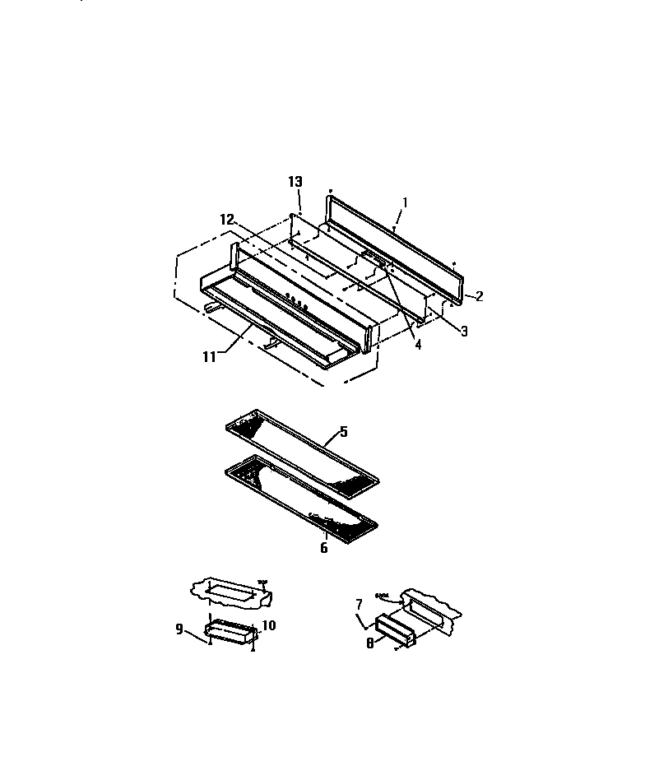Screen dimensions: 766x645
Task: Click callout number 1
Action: (x=404, y=202)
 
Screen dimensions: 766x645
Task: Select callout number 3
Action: (x=463, y=331)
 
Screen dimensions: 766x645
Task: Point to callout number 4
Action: (x=418, y=346)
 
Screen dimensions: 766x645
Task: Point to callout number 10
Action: (x=268, y=626)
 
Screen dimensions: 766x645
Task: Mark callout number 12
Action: (x=227, y=220)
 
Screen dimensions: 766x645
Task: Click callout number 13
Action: (x=295, y=181)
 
